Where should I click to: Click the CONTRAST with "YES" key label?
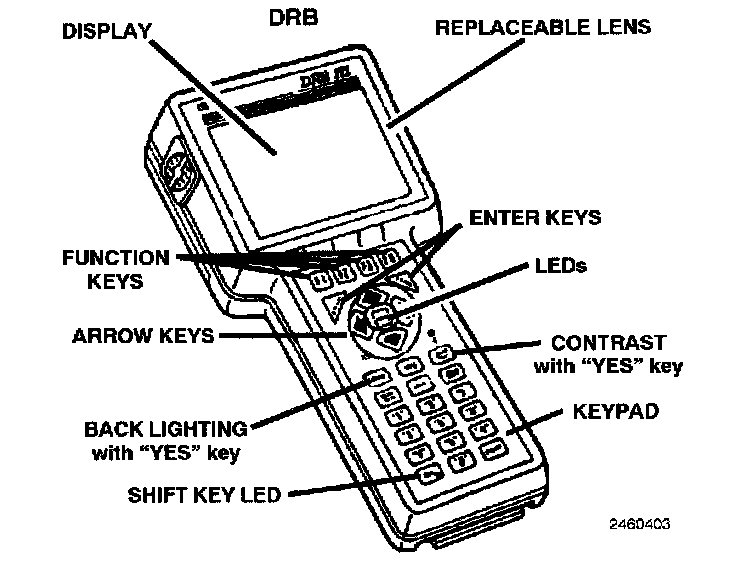(608, 355)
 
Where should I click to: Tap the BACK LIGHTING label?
(166, 439)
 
